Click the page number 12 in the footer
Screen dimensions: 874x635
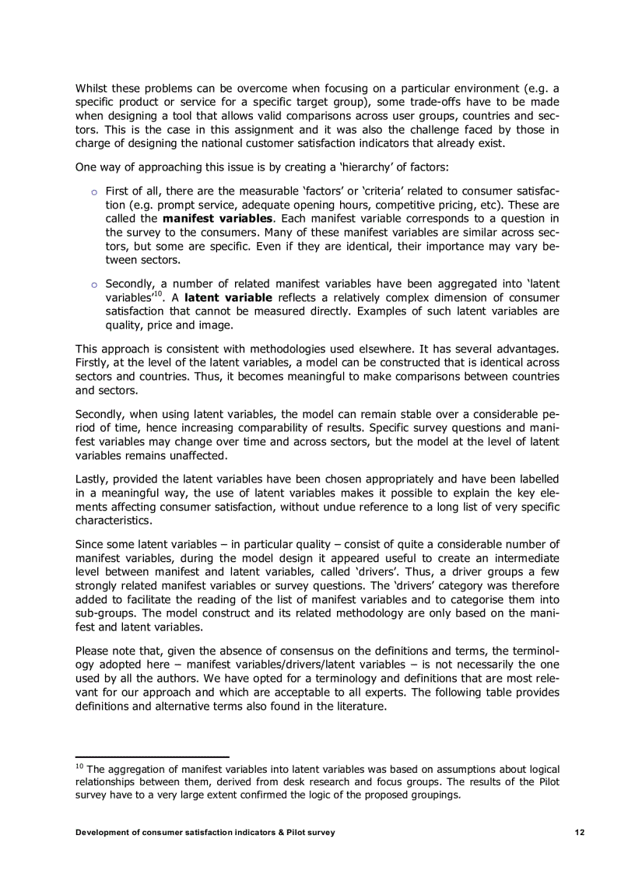(580, 832)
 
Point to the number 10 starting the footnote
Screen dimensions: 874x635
(79, 767)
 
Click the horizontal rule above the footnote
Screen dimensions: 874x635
(152, 756)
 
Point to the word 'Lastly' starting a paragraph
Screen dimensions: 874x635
(93, 479)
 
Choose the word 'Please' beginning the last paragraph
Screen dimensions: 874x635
(94, 651)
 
